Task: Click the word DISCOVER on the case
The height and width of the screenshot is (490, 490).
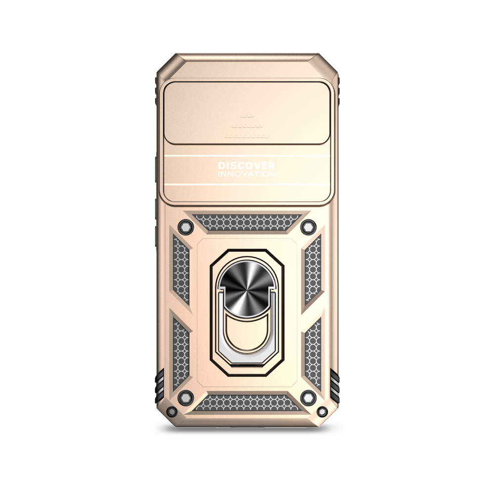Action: tap(246, 165)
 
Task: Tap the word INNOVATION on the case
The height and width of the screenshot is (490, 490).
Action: tap(247, 174)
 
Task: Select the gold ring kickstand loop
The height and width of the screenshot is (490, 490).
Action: tap(247, 333)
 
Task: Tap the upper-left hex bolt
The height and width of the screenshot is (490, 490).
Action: tap(185, 227)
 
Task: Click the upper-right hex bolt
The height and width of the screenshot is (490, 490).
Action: tap(308, 227)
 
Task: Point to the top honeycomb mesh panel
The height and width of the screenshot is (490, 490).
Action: tap(247, 222)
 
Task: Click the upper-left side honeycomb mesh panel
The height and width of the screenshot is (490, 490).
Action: tap(181, 269)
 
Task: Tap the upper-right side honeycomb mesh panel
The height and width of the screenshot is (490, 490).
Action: tap(313, 269)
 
